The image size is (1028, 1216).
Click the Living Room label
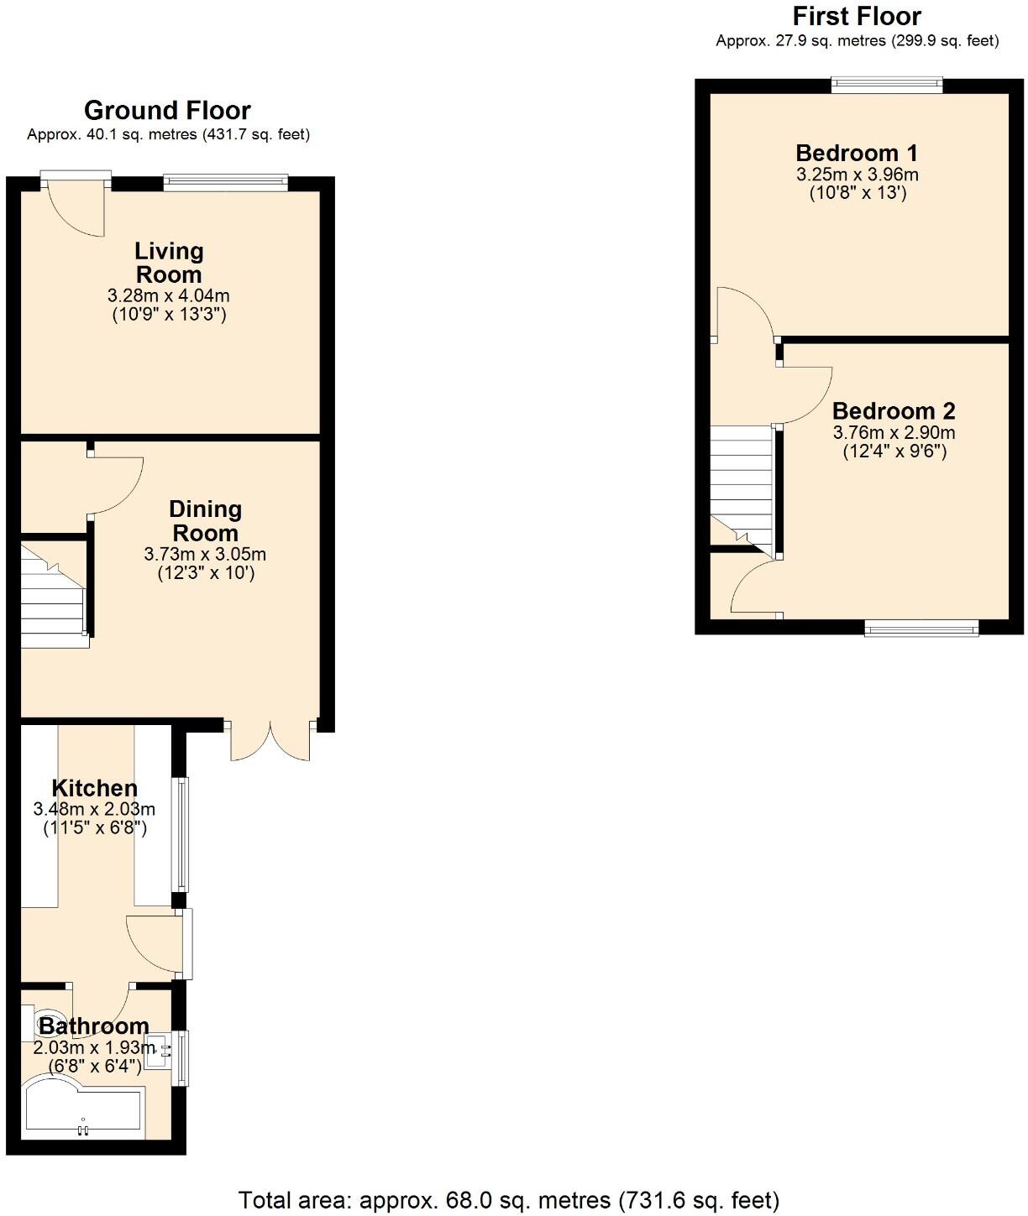pos(169,263)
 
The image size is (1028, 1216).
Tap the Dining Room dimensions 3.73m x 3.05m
pos(205,555)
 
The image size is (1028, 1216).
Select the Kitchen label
pos(94,788)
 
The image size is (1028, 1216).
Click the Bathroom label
pos(93,1026)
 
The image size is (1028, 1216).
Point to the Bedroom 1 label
pos(857,153)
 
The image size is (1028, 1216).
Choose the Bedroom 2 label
pos(894,411)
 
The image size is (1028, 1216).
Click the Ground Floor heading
pos(167,110)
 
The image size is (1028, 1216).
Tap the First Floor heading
pos(857,16)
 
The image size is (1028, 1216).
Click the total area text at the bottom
pos(509,1200)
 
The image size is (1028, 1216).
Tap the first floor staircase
pos(741,483)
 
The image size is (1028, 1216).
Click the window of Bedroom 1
pos(887,84)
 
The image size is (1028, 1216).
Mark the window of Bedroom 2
pos(921,627)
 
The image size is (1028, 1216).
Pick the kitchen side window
pos(181,833)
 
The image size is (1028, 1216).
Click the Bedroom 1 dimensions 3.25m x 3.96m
pos(857,175)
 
